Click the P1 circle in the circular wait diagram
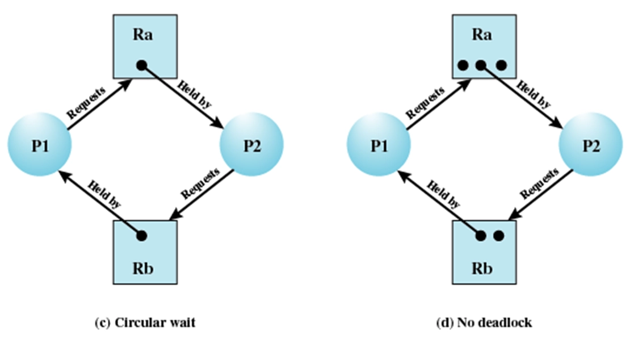(x=40, y=145)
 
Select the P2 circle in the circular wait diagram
(x=251, y=145)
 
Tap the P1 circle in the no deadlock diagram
(x=378, y=145)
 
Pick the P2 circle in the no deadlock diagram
(x=590, y=145)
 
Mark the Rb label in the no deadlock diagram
(x=481, y=267)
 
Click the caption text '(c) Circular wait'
(x=144, y=323)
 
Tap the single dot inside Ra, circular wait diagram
(x=141, y=66)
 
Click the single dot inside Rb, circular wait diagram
(x=141, y=235)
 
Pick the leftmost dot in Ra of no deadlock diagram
(x=463, y=66)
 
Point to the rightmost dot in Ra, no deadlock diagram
(x=501, y=66)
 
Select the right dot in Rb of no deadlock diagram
(x=498, y=235)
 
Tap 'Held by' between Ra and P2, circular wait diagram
(x=193, y=94)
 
